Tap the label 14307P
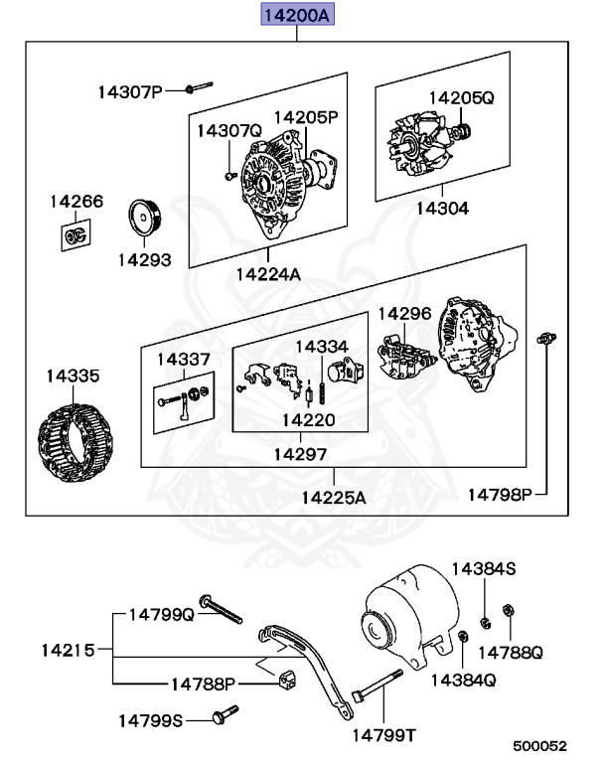[129, 92]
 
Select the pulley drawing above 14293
[145, 221]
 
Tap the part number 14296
[404, 313]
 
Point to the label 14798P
[501, 493]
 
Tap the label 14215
[68, 651]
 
